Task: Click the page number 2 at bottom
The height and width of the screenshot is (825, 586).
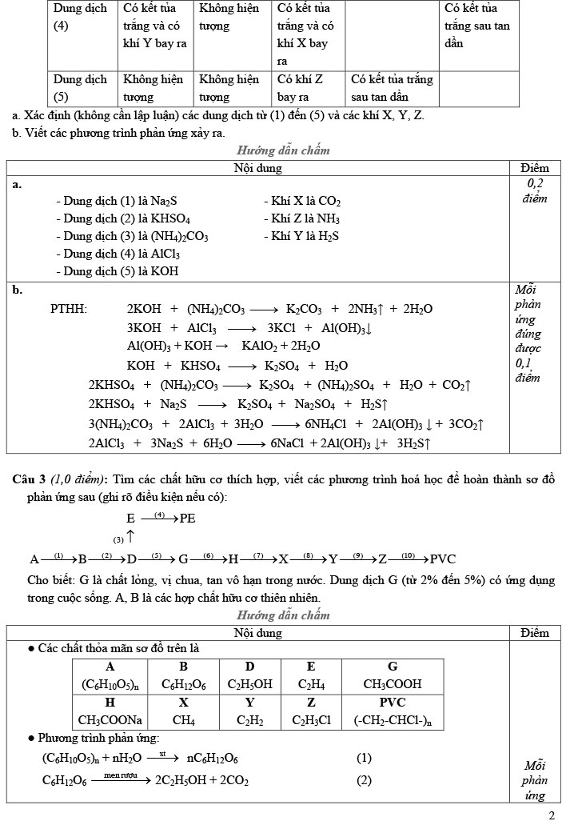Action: click(x=552, y=815)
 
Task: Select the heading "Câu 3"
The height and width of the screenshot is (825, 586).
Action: click(x=30, y=479)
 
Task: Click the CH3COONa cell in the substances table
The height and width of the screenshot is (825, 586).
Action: click(x=110, y=719)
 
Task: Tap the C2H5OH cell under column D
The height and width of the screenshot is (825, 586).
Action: click(x=249, y=684)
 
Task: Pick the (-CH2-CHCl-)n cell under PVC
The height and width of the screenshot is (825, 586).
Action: click(x=393, y=719)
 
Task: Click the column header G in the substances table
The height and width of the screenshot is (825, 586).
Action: click(x=393, y=667)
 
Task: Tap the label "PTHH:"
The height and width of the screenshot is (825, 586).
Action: click(x=70, y=309)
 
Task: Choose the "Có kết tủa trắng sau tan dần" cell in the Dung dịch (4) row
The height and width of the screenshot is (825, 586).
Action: click(x=477, y=26)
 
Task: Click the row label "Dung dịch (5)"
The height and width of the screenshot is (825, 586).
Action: click(x=80, y=88)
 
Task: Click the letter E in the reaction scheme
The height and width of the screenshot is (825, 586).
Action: click(x=130, y=519)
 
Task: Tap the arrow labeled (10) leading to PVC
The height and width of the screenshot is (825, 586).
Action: click(x=409, y=558)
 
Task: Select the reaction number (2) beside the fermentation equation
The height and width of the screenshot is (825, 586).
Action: click(x=364, y=780)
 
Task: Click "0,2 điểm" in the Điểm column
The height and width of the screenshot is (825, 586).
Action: click(x=535, y=191)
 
